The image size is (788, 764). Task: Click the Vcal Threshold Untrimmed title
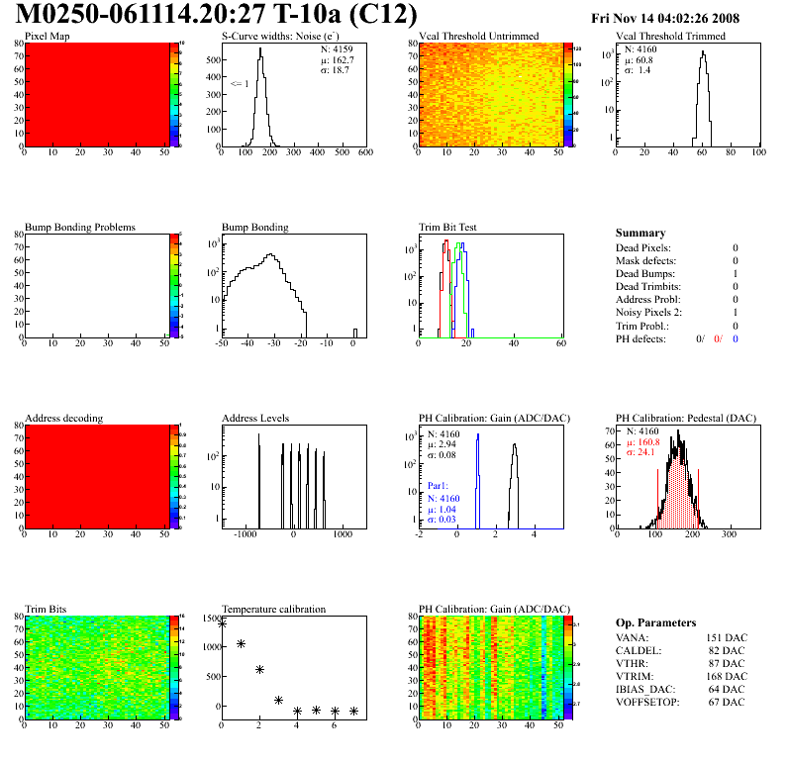click(x=479, y=37)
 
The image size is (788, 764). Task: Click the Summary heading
click(x=640, y=233)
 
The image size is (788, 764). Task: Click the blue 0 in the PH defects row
click(x=737, y=339)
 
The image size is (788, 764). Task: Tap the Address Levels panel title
click(x=256, y=419)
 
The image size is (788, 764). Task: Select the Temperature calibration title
click(x=273, y=610)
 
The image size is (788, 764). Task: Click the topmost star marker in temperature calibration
click(x=222, y=623)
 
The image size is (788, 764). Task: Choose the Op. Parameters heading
click(x=654, y=622)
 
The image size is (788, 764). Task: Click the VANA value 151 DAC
click(x=726, y=638)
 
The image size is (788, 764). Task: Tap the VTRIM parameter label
click(x=634, y=677)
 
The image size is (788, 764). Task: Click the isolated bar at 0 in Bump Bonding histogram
click(x=354, y=333)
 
